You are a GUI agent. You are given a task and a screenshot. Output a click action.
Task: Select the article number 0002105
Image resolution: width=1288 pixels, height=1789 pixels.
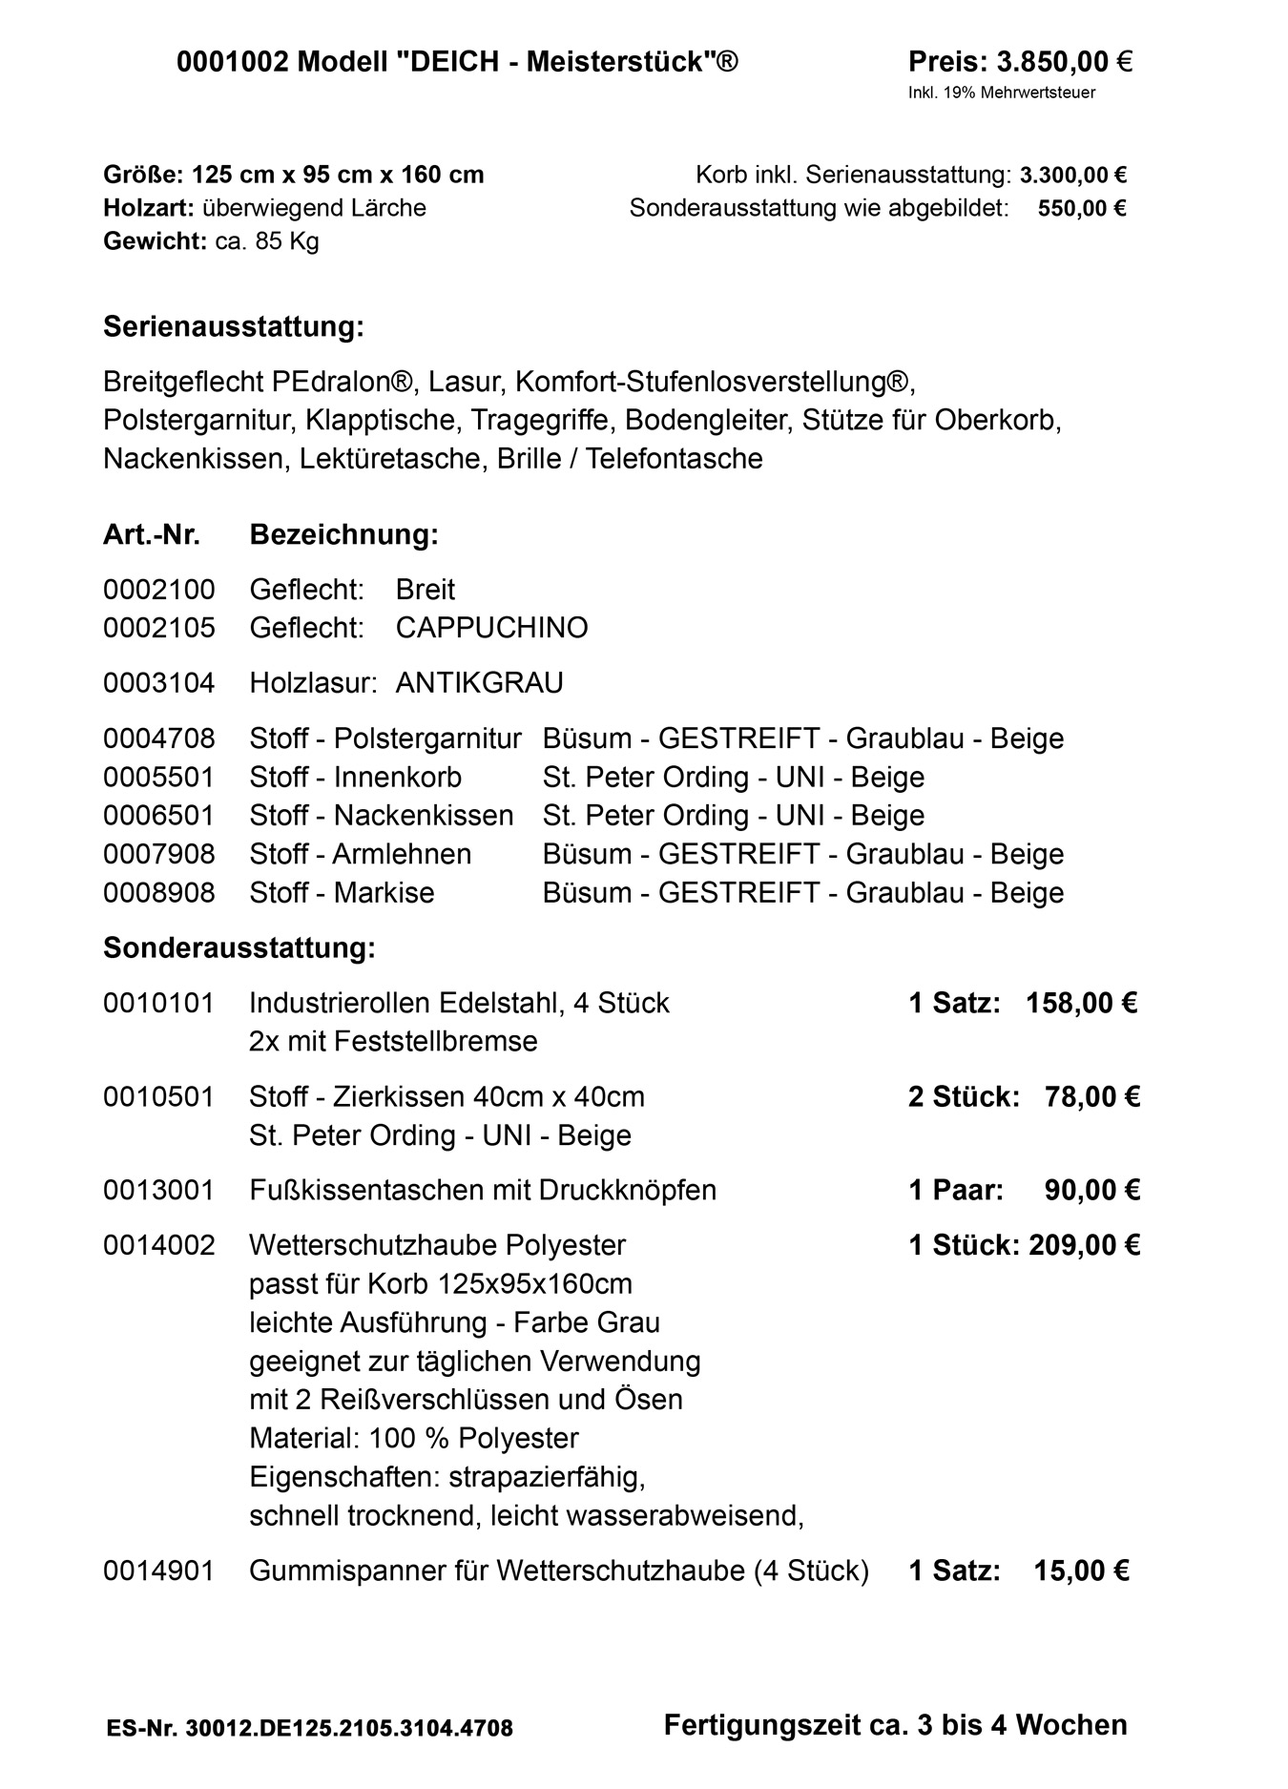[159, 628]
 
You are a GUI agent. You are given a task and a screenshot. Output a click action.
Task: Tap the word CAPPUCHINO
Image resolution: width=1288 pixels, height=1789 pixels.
[491, 628]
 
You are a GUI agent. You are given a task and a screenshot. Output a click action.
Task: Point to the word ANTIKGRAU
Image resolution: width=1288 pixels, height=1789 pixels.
[479, 683]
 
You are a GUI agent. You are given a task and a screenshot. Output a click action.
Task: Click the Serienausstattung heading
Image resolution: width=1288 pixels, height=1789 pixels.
[233, 327]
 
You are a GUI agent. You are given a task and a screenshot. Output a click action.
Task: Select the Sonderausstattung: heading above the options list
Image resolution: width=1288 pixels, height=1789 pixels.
[239, 948]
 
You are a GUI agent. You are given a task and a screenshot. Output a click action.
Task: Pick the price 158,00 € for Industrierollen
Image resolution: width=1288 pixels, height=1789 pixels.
[1081, 1003]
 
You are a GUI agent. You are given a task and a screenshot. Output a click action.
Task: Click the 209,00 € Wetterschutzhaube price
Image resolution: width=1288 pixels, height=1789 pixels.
[1084, 1245]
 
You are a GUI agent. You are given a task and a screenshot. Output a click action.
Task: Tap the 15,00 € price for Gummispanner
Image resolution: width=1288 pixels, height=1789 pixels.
[1081, 1571]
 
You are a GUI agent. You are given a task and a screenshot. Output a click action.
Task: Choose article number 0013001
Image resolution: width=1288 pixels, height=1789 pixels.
[159, 1190]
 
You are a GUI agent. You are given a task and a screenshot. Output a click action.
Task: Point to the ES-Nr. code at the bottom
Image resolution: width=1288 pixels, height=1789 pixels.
[309, 1728]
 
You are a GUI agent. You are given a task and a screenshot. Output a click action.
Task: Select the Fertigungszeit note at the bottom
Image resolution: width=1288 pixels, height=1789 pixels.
[895, 1725]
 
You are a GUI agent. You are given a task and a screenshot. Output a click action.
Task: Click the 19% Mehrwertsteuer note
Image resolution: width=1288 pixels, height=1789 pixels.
[1001, 93]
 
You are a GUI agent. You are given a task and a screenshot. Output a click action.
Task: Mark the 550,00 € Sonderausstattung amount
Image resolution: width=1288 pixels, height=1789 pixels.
[1081, 208]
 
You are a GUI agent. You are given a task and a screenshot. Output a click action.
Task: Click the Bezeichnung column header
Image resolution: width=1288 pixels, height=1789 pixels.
[343, 535]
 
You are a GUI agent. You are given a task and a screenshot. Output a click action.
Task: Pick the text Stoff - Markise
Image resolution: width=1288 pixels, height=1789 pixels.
[342, 892]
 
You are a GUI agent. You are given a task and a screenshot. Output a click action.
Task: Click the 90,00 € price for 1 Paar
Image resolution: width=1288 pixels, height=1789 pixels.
[1091, 1190]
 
